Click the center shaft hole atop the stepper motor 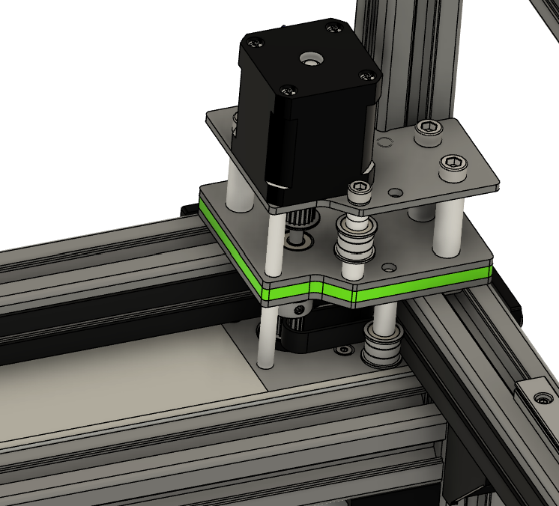(x=307, y=58)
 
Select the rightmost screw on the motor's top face (x=366, y=75)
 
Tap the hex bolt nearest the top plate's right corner (x=453, y=164)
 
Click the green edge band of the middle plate (x=420, y=283)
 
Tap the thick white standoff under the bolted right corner (x=448, y=228)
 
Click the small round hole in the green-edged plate (x=389, y=266)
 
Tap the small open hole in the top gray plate (x=384, y=141)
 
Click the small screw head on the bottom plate (x=344, y=350)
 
